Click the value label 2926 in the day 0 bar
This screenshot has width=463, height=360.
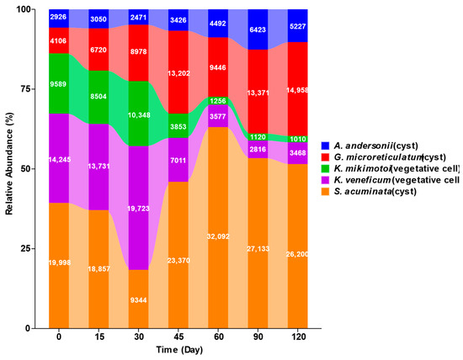(x=58, y=17)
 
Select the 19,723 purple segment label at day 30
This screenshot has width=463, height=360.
(x=138, y=209)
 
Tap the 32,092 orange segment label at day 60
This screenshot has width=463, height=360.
(x=218, y=236)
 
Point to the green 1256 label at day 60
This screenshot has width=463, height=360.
(x=218, y=101)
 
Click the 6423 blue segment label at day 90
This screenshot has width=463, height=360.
(x=258, y=29)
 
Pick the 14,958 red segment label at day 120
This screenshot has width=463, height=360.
(x=297, y=90)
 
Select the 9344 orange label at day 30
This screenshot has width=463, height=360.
(x=138, y=300)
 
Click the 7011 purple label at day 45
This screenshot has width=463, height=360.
(x=178, y=160)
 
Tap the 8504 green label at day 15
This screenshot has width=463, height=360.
(x=98, y=97)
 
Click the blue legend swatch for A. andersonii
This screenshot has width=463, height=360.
(x=325, y=146)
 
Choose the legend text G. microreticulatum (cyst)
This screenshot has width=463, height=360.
(x=390, y=157)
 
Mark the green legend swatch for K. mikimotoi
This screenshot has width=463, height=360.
(x=325, y=168)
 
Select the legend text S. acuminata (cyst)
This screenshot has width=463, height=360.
(x=375, y=192)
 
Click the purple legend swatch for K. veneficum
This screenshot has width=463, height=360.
(x=325, y=180)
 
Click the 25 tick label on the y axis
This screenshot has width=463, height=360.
(x=24, y=248)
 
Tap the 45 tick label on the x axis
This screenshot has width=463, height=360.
(x=178, y=336)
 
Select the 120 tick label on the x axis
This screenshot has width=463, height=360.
(x=298, y=336)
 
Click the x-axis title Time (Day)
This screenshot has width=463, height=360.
(x=179, y=350)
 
